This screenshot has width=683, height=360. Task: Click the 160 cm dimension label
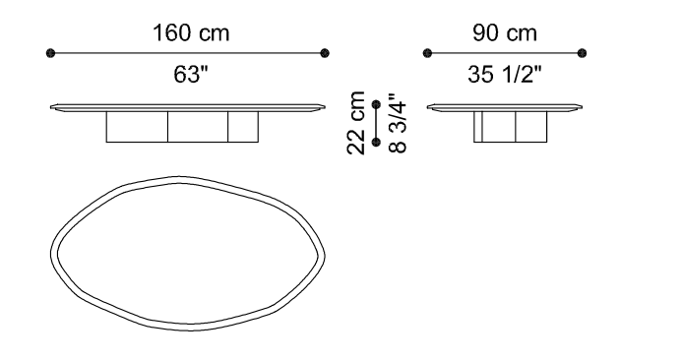tap(191, 33)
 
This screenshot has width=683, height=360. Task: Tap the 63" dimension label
tap(191, 74)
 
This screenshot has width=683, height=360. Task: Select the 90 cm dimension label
tap(505, 33)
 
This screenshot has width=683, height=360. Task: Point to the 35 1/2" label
tap(505, 74)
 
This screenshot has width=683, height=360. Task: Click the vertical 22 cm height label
tap(356, 123)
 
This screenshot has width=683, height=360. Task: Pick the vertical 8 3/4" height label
tap(398, 123)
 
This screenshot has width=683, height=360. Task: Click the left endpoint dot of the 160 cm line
tap(50, 53)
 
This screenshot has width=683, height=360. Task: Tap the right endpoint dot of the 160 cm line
tap(325, 53)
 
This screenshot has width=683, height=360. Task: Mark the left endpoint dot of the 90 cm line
tap(427, 53)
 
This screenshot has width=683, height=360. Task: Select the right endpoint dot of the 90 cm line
tap(582, 53)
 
